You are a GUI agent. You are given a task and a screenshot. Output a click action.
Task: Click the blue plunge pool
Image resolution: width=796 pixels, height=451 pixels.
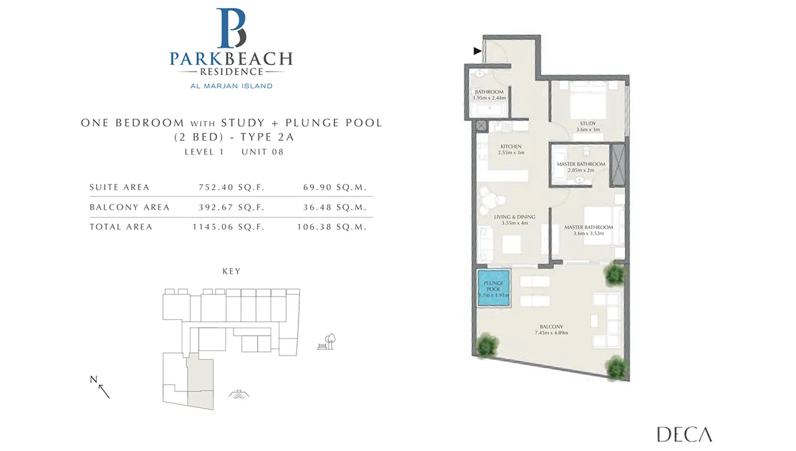[x=494, y=288]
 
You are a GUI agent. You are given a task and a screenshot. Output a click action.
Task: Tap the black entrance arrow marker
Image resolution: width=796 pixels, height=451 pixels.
[x=477, y=51]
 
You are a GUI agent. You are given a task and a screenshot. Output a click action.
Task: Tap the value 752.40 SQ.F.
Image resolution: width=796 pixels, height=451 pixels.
[x=232, y=187]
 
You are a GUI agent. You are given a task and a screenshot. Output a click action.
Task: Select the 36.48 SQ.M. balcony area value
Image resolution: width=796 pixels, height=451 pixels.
[x=335, y=207]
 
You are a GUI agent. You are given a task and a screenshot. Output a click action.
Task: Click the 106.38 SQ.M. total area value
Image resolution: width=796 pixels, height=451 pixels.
[x=332, y=227]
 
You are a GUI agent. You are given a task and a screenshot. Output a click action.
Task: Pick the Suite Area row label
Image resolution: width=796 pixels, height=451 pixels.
[x=119, y=187]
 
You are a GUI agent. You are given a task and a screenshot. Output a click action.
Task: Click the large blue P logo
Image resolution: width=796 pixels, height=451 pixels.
[x=232, y=28]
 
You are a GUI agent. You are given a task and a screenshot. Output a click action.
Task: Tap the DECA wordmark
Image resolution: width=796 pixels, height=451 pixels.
[x=685, y=434]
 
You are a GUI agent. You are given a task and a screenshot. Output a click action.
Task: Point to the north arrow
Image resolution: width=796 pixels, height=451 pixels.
[x=103, y=391]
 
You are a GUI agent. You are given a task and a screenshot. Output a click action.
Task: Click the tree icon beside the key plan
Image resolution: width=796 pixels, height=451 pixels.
[x=326, y=342]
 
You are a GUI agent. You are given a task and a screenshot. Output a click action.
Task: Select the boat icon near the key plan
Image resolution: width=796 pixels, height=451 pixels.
[x=239, y=394]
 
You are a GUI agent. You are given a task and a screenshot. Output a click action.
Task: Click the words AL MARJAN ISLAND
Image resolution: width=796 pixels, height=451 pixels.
[x=232, y=86]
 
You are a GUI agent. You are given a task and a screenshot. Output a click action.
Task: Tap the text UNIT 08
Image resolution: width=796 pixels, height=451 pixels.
[x=263, y=152]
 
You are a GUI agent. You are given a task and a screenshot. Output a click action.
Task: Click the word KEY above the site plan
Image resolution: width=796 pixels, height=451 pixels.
[x=232, y=271]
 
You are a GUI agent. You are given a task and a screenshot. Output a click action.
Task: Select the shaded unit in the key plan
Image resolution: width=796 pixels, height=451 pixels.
[x=200, y=382]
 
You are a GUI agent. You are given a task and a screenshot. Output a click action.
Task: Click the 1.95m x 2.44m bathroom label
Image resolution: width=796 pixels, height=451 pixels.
[x=490, y=98]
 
